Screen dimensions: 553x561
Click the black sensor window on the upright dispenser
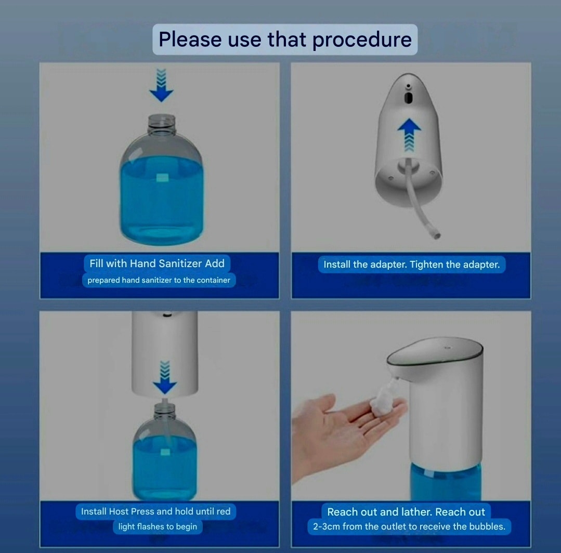pyautogui.click(x=409, y=97)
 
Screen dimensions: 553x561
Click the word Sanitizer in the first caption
pyautogui.click(x=180, y=264)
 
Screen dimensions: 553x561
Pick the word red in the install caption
pyautogui.click(x=223, y=511)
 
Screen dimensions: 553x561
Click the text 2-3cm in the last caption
pyautogui.click(x=326, y=526)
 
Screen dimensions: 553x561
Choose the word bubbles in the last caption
pyautogui.click(x=487, y=526)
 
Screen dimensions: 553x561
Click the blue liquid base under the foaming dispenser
pyautogui.click(x=446, y=481)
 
